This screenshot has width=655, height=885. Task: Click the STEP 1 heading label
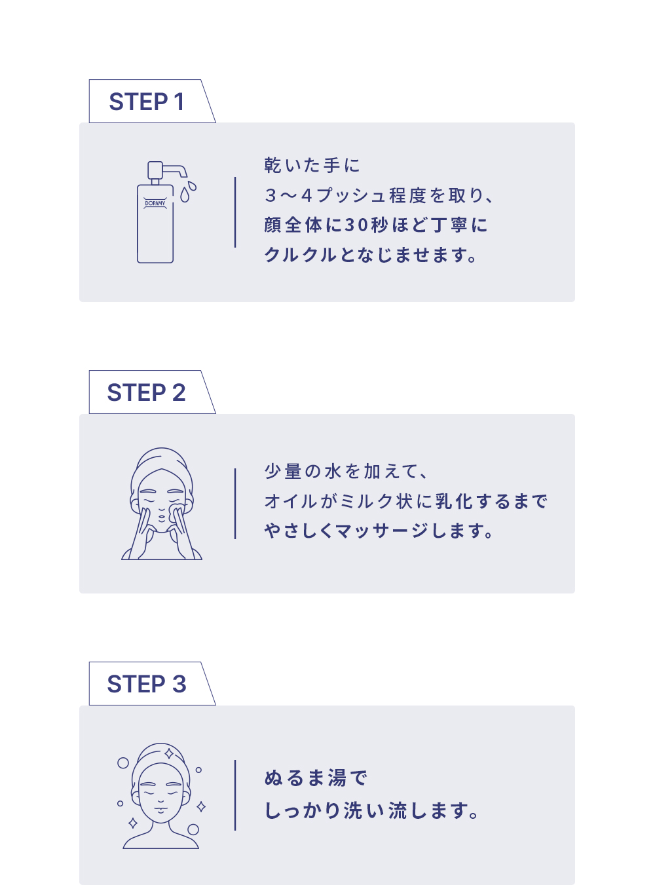pyautogui.click(x=147, y=102)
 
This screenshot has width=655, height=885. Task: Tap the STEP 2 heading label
pyautogui.click(x=147, y=392)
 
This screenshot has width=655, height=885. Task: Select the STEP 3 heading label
pyautogui.click(x=147, y=684)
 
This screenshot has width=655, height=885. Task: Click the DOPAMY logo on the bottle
pyautogui.click(x=155, y=203)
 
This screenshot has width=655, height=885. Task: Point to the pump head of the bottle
pyautogui.click(x=155, y=170)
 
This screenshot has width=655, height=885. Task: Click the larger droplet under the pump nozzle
pyautogui.click(x=185, y=195)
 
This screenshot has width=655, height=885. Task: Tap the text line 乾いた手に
pyautogui.click(x=312, y=165)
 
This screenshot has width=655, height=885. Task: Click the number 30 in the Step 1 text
pyautogui.click(x=356, y=225)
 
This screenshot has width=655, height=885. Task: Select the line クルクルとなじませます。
pyautogui.click(x=371, y=255)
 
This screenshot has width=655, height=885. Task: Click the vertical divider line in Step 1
pyautogui.click(x=235, y=212)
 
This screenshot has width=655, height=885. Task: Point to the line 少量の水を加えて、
pyautogui.click(x=346, y=471)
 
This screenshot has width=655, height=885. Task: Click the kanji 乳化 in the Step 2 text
pyautogui.click(x=454, y=501)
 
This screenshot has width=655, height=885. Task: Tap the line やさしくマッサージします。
pyautogui.click(x=379, y=531)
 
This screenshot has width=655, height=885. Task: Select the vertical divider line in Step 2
pyautogui.click(x=235, y=504)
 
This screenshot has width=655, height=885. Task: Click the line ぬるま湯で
pyautogui.click(x=315, y=778)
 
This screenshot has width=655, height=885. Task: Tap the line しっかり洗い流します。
pyautogui.click(x=371, y=810)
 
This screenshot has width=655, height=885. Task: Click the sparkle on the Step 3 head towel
pyautogui.click(x=169, y=754)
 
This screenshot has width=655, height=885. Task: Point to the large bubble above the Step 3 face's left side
pyautogui.click(x=123, y=763)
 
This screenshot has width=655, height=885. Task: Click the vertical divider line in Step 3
pyautogui.click(x=235, y=795)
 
